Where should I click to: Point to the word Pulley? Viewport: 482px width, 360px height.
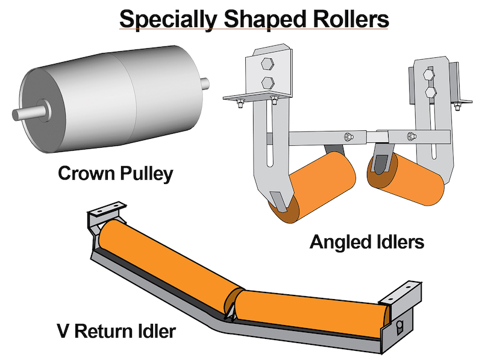(x=146, y=174)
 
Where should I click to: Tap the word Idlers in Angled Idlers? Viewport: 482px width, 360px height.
(x=399, y=242)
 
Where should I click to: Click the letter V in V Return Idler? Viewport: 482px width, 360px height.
(x=64, y=331)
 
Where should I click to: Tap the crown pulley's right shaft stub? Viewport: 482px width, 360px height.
(x=205, y=83)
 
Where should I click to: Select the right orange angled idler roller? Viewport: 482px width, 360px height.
(x=405, y=179)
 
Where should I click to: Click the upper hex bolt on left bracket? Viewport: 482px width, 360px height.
(x=267, y=64)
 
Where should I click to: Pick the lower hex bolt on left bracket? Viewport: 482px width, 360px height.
(x=268, y=83)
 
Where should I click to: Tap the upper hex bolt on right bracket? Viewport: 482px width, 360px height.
(x=428, y=74)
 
